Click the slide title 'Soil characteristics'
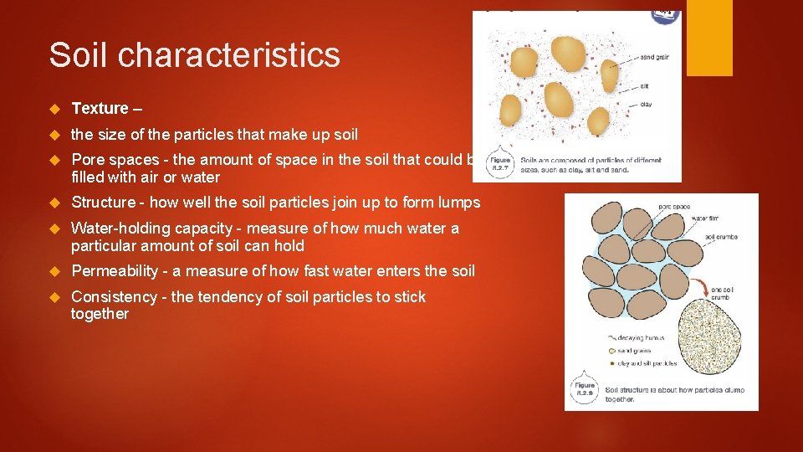click(x=194, y=55)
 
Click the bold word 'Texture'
click(x=100, y=108)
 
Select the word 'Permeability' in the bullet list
click(x=115, y=270)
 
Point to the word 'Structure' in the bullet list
click(x=103, y=202)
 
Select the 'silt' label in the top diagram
click(x=645, y=86)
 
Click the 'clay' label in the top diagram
click(x=646, y=105)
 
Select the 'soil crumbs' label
click(x=721, y=237)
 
